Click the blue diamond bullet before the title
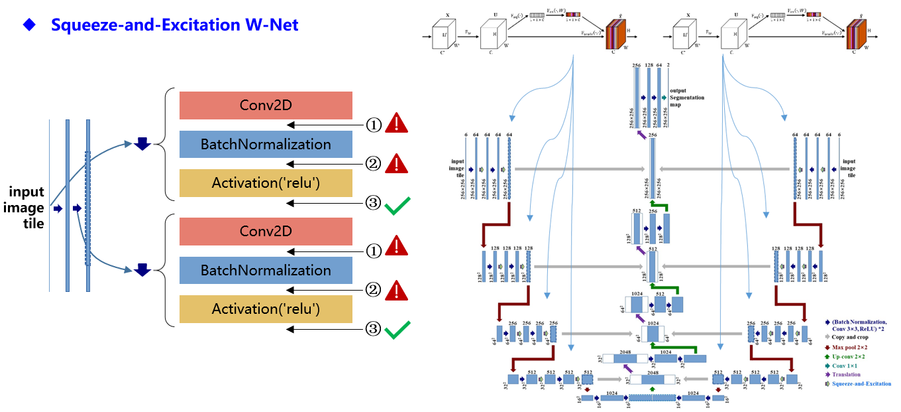[x=28, y=25]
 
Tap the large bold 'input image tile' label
[x=26, y=208]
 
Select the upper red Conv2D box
[x=266, y=105]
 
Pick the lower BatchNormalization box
[x=266, y=271]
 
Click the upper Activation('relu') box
[x=266, y=183]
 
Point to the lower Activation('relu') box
[x=266, y=309]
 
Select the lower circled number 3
[x=374, y=330]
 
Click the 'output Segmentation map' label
[x=687, y=97]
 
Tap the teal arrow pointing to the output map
[x=662, y=98]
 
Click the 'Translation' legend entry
[x=846, y=375]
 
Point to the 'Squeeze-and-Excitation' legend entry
[x=861, y=384]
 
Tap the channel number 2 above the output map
[x=668, y=65]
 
